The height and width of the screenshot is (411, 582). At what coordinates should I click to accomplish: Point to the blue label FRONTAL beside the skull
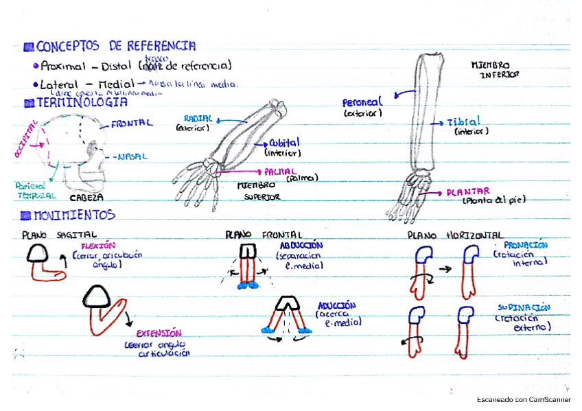pos(131,124)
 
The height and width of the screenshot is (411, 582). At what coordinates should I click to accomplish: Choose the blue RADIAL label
pos(198,118)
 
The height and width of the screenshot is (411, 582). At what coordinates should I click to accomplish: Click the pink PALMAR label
pos(280,171)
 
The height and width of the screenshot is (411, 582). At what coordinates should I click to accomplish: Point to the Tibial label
pos(464,122)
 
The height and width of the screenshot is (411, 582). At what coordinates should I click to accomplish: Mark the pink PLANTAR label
pos(467,191)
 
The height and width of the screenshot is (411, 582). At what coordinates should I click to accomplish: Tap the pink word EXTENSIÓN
pos(159,333)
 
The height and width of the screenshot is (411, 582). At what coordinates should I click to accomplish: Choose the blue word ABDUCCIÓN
pos(301,245)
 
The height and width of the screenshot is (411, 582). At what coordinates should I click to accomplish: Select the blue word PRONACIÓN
pos(525,245)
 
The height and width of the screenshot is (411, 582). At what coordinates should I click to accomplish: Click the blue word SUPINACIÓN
pos(524,308)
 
